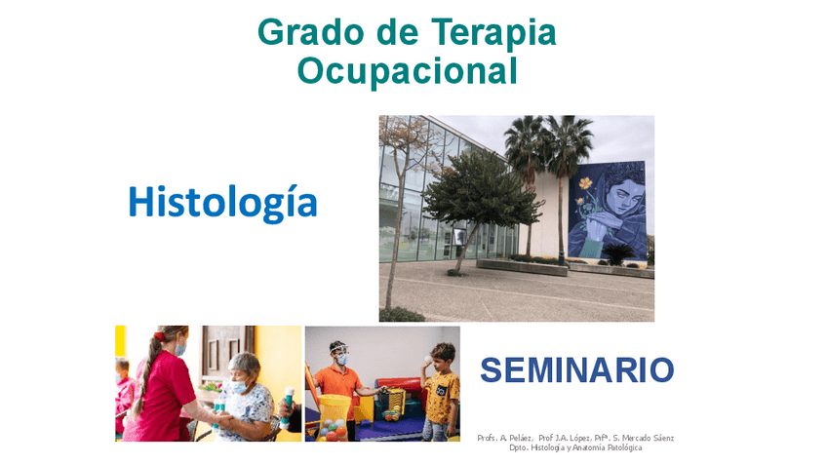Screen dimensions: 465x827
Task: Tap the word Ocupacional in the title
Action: pyautogui.click(x=407, y=70)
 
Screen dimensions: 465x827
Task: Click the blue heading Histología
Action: pyautogui.click(x=222, y=202)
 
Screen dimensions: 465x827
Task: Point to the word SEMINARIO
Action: pyautogui.click(x=576, y=370)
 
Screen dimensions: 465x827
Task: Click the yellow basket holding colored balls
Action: pyautogui.click(x=335, y=415)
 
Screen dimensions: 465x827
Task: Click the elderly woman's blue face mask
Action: pyautogui.click(x=239, y=387)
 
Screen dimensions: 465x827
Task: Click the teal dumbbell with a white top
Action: pyautogui.click(x=287, y=407)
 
